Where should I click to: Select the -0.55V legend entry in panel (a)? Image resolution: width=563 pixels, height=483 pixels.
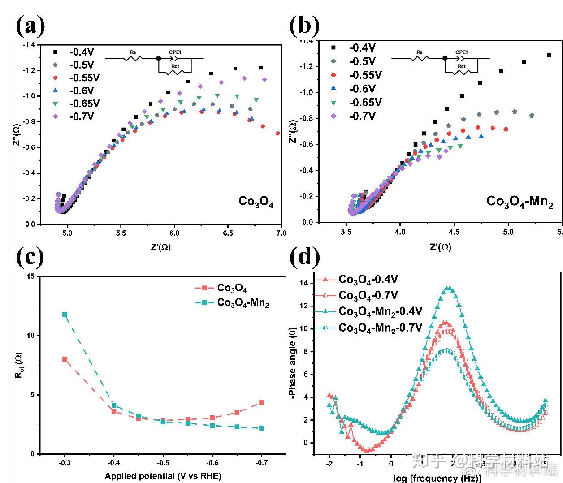point(84,78)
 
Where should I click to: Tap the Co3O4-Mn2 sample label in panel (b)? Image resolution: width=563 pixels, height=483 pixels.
point(520,201)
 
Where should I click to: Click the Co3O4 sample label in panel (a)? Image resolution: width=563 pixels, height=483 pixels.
point(256,202)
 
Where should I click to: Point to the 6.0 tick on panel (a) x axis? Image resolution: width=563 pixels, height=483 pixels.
point(174,233)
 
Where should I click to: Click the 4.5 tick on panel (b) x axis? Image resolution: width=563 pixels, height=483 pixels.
point(454,232)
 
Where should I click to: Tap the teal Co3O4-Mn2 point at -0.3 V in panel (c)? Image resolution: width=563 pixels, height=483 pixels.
point(65,314)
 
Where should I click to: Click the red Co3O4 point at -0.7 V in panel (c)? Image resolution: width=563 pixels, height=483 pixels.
point(261,402)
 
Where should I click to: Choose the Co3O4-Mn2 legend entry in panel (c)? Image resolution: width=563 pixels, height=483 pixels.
point(243,303)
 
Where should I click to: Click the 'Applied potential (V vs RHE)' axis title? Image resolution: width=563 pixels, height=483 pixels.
point(163,476)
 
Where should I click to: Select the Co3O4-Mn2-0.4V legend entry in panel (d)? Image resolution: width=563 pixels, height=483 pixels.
point(380,311)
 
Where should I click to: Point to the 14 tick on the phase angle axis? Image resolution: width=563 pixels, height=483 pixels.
point(305,283)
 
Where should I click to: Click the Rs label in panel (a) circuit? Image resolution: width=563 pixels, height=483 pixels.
point(133,52)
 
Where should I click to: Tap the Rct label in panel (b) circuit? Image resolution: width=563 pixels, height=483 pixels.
point(461,66)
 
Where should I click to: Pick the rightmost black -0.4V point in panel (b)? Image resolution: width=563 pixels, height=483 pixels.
point(549,55)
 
